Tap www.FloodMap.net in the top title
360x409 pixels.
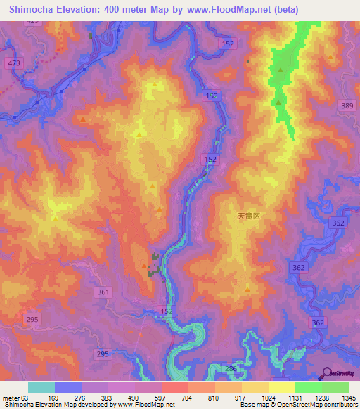[228, 10]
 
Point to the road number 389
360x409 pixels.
[347, 105]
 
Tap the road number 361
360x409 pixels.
[103, 292]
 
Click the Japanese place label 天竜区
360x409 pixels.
[249, 217]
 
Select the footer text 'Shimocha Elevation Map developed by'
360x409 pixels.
[47, 405]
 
